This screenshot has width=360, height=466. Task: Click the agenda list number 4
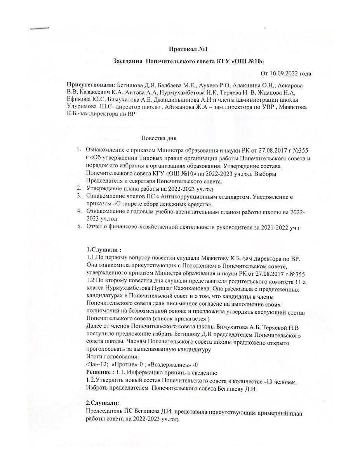click(x=79, y=211)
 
